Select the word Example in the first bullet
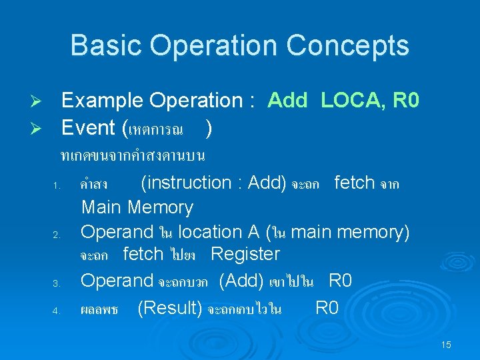pos(103,101)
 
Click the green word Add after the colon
pos(287,101)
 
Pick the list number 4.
pos(58,311)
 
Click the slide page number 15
pos(446,345)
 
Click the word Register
pos(245,254)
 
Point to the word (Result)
pos(170,308)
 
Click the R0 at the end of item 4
pos(327,308)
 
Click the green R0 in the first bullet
pos(406,101)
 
